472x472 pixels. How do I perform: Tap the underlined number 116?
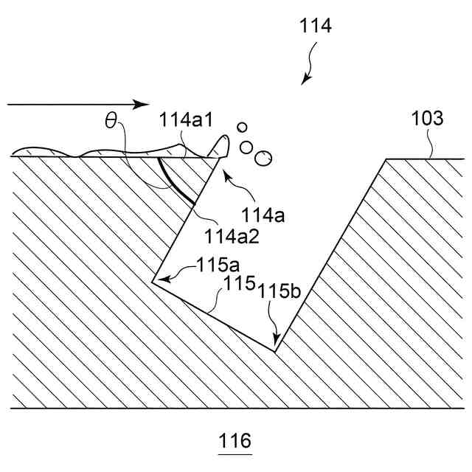tap(235, 442)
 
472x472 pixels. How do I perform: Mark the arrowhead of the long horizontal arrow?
tap(144, 104)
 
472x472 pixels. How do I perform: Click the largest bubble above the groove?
tap(263, 157)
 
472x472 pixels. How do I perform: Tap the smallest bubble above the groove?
tap(241, 128)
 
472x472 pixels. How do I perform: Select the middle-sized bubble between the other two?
tap(248, 145)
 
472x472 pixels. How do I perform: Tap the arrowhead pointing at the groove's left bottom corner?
tap(157, 280)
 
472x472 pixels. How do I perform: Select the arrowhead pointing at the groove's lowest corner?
tap(276, 344)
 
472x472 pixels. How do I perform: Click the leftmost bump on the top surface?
tap(41, 150)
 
